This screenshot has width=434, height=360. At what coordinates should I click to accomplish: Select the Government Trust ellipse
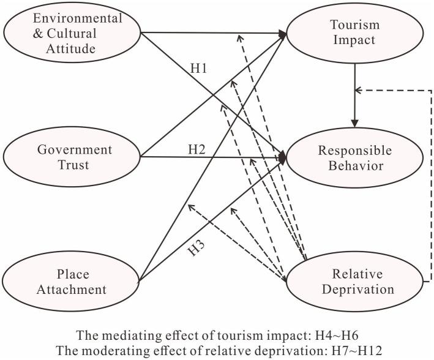72,157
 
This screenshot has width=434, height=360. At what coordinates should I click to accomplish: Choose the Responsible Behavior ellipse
353,157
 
